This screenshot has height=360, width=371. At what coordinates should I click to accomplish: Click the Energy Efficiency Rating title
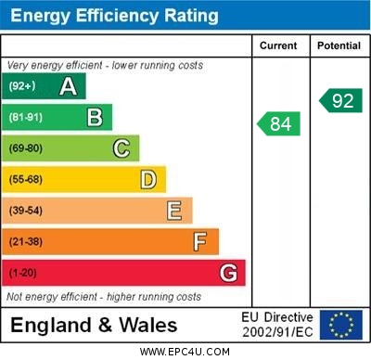[x=114, y=16]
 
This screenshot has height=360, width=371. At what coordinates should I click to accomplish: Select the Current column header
[x=278, y=45]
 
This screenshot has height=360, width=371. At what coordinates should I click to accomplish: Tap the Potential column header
[x=339, y=45]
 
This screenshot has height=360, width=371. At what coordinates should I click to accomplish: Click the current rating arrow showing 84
[x=279, y=123]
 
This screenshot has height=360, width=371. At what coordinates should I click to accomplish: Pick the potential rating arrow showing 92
[x=339, y=100]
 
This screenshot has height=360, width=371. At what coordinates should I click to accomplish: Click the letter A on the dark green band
[x=68, y=86]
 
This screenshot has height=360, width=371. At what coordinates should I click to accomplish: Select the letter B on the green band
[x=95, y=117]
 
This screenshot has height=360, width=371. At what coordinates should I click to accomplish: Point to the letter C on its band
[x=122, y=148]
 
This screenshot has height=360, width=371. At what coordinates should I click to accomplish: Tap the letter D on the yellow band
[x=148, y=179]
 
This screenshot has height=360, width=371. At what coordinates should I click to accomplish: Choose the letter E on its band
[x=174, y=211]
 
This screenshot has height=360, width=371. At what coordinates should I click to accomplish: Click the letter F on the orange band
[x=200, y=241]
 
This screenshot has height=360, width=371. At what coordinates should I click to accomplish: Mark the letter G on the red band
[x=228, y=273]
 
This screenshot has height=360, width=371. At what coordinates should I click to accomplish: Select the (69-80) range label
[x=26, y=148]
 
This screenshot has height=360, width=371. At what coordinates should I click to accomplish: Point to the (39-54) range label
[x=26, y=211]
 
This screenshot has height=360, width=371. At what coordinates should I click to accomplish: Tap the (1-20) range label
[x=23, y=273]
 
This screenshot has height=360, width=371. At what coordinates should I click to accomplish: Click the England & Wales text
[x=94, y=325]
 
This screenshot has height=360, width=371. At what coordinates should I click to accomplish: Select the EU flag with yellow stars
[x=341, y=325]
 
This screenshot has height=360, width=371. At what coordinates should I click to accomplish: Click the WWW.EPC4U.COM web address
[x=185, y=352]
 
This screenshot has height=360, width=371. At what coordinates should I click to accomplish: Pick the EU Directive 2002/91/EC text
[x=277, y=325]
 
